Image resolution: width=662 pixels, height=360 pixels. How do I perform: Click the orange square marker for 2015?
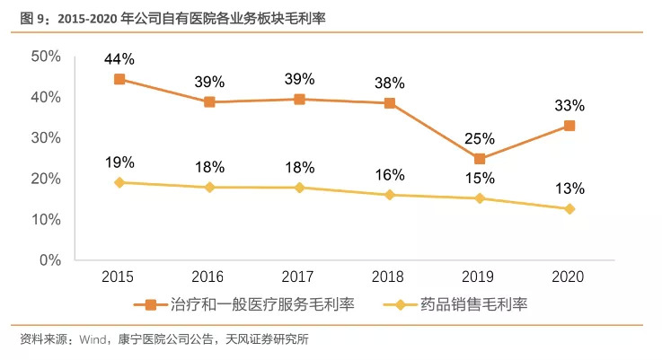pyautogui.click(x=119, y=79)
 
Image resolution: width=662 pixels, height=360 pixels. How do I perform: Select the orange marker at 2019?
pyautogui.click(x=480, y=159)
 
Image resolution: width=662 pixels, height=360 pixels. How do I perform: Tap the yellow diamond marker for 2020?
pyautogui.click(x=569, y=209)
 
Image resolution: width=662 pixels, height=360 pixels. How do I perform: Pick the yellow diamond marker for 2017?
pyautogui.click(x=299, y=188)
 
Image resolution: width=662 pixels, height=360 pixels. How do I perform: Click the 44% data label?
pyautogui.click(x=119, y=59)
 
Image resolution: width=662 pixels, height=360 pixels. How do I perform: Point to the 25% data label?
pyautogui.click(x=480, y=139)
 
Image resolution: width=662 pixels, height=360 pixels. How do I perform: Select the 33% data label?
pyautogui.click(x=569, y=105)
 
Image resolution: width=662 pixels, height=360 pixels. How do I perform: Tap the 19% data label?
pyautogui.click(x=119, y=162)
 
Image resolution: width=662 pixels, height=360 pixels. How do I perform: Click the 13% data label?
pyautogui.click(x=569, y=189)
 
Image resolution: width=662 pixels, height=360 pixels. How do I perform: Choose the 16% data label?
pyautogui.click(x=390, y=174)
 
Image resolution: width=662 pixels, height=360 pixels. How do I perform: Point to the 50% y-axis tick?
pyautogui.click(x=46, y=56)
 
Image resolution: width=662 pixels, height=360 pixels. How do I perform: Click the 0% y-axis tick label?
pyautogui.click(x=50, y=260)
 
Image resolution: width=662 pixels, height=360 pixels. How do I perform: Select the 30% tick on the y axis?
pyautogui.click(x=46, y=137)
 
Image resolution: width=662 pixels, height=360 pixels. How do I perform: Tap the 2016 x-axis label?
pyautogui.click(x=209, y=277)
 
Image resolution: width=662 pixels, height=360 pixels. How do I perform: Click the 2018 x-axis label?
pyautogui.click(x=390, y=277)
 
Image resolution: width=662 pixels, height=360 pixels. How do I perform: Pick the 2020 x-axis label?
pyautogui.click(x=569, y=277)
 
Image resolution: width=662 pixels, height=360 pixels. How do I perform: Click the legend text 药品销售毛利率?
pyautogui.click(x=472, y=304)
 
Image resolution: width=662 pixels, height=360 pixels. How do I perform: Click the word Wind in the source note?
pyautogui.click(x=94, y=340)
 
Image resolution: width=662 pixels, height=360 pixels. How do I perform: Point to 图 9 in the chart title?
pyautogui.click(x=32, y=14)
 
